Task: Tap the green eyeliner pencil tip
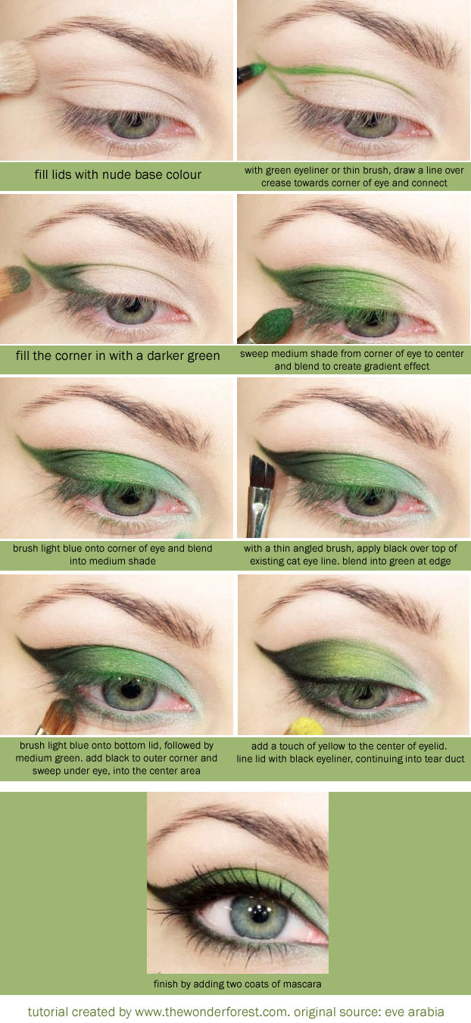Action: click(258, 70)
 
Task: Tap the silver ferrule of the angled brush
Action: click(259, 505)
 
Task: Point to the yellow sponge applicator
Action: click(306, 727)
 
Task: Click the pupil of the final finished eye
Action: click(259, 915)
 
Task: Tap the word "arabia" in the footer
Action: click(425, 1012)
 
